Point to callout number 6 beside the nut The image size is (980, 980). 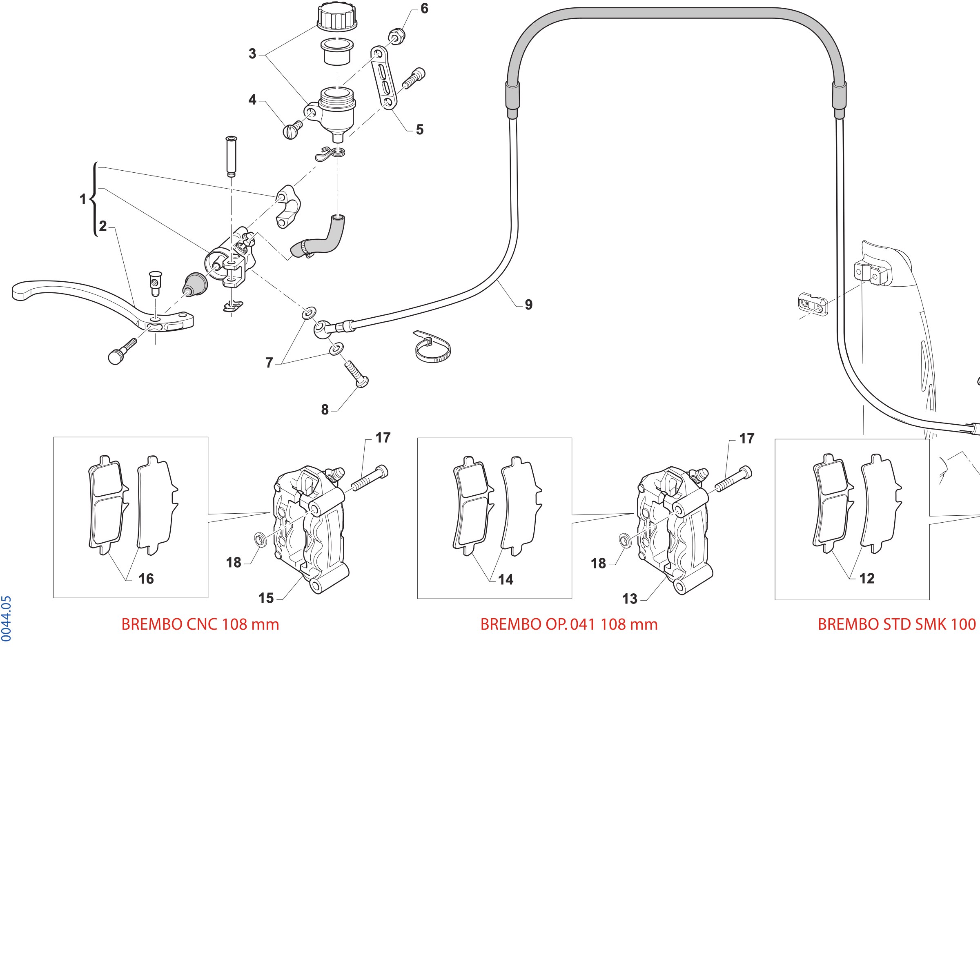(424, 9)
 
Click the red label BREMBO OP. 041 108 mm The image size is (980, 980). (569, 624)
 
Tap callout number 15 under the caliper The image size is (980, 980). (266, 598)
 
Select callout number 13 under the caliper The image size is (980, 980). (630, 599)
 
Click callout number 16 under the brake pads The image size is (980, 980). (146, 579)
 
